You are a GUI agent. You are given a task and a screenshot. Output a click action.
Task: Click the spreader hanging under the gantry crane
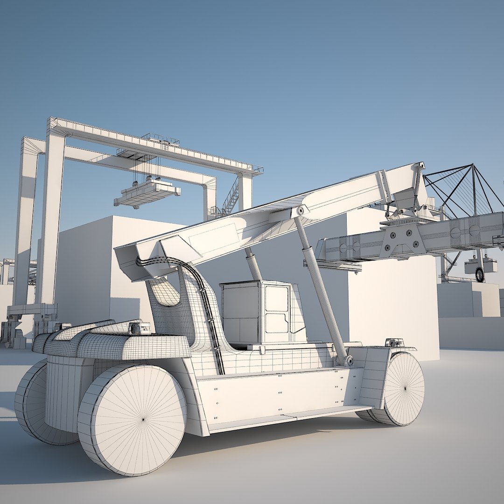147,193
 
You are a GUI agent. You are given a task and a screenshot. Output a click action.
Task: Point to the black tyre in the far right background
480,274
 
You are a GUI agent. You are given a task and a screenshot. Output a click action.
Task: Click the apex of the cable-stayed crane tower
472,165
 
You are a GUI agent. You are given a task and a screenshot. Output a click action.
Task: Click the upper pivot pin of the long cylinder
300,210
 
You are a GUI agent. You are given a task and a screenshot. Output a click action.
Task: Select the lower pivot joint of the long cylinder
349,360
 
